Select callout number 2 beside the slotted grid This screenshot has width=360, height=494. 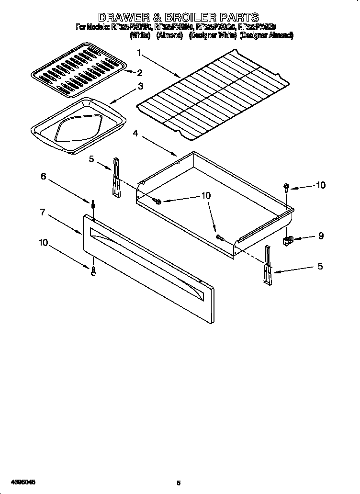[140, 73]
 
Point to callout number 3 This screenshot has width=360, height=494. [140, 87]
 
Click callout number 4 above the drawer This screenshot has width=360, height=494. [136, 134]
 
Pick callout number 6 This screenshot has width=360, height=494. [43, 176]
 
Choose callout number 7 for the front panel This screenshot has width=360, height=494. [43, 212]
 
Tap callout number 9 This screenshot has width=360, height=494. [320, 236]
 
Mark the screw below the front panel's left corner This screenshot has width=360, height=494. [93, 271]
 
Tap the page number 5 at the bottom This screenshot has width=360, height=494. [179, 483]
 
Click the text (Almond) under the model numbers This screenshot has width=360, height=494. [169, 35]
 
